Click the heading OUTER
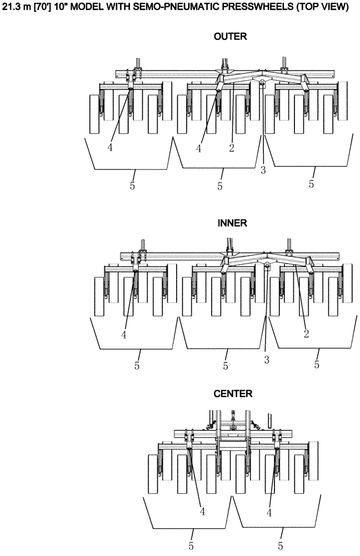click(229, 37)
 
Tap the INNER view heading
click(232, 222)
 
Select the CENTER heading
click(233, 394)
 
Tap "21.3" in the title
click(11, 7)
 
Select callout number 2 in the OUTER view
click(231, 148)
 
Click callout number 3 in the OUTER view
click(263, 170)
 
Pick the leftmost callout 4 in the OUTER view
click(111, 148)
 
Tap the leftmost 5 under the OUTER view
click(132, 185)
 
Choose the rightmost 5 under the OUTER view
click(312, 183)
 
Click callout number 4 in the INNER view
click(124, 335)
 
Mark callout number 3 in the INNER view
click(267, 360)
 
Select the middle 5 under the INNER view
click(226, 365)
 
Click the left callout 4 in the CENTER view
click(202, 512)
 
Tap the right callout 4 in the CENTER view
click(269, 512)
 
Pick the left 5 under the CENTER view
click(191, 546)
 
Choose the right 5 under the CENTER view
click(281, 546)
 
